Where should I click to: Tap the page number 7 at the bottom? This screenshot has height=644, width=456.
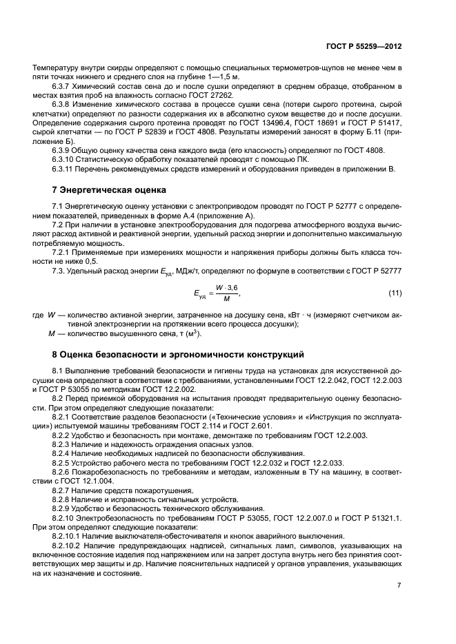point(399,585)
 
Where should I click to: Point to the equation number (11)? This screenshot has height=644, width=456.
point(394,295)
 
